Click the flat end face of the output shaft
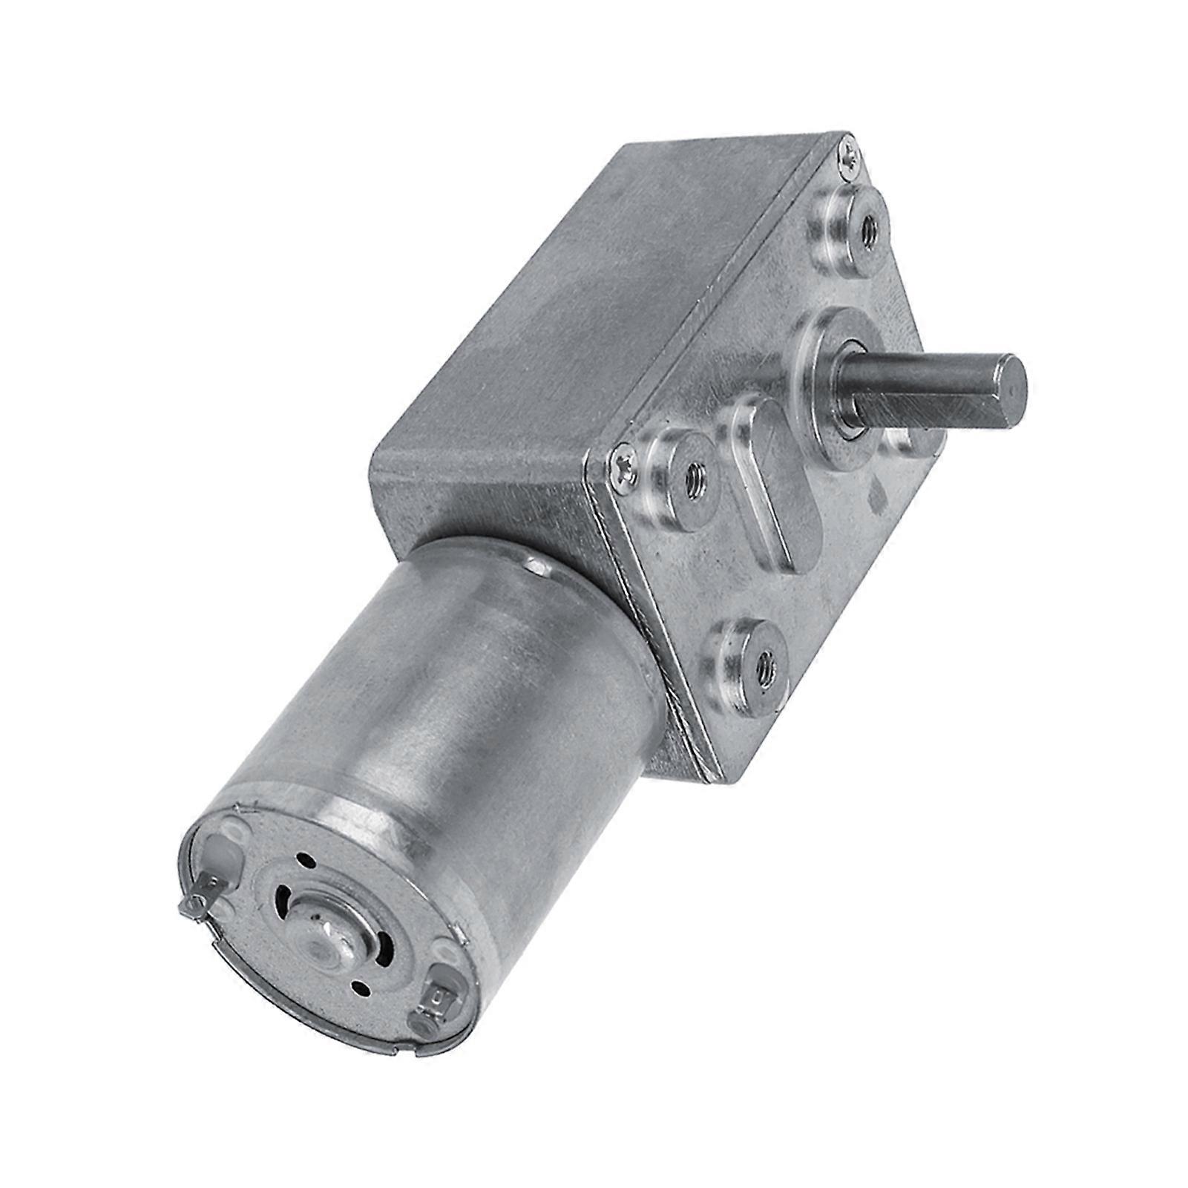pyautogui.click(x=1010, y=383)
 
